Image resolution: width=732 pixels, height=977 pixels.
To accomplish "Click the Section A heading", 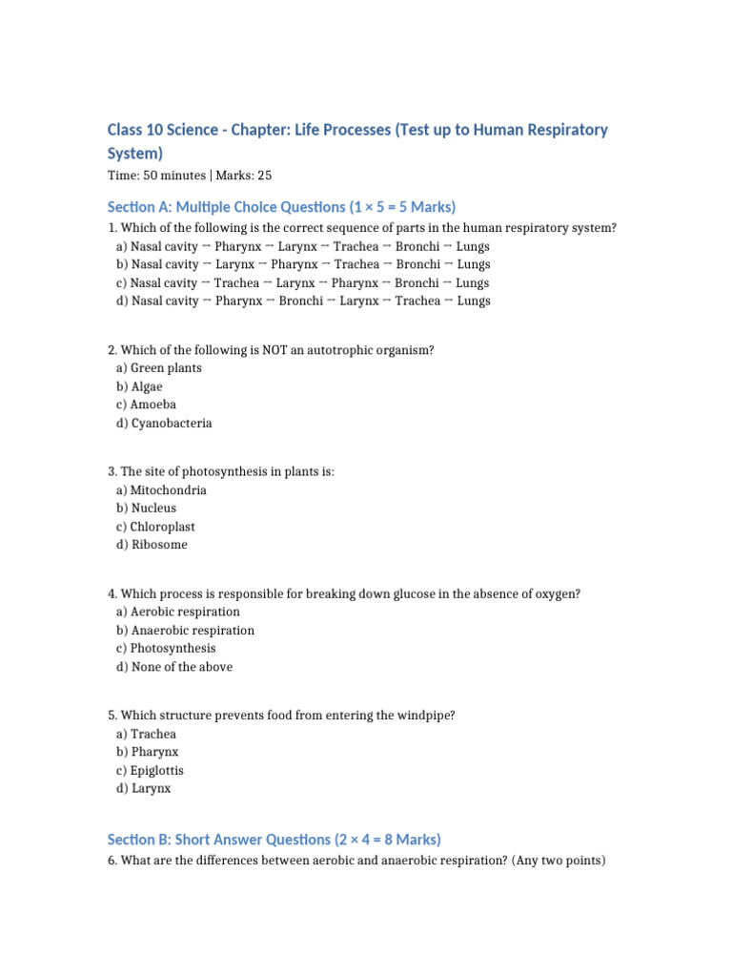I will pos(281,207).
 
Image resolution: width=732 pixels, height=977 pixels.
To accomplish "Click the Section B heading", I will pos(274,840).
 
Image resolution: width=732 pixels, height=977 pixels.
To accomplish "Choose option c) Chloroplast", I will pos(155,527).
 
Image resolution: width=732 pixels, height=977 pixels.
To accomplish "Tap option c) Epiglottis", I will pos(150,771).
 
